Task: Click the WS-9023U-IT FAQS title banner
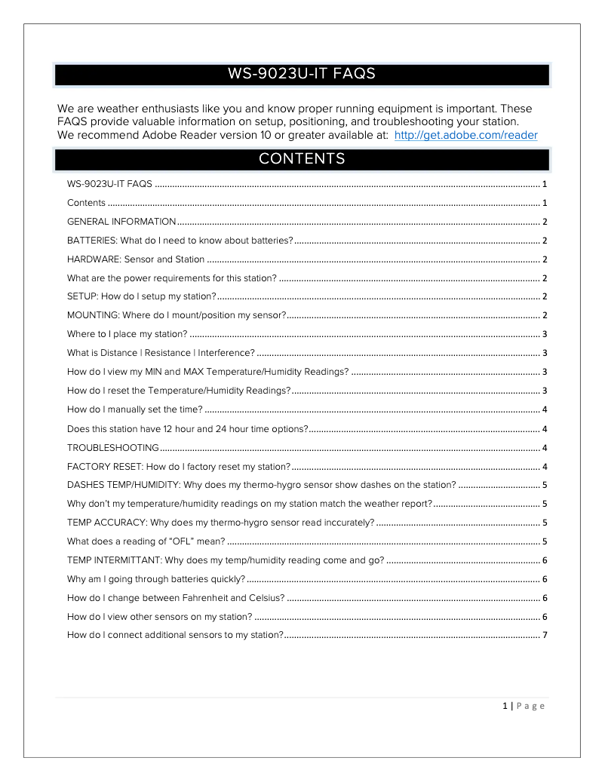pyautogui.click(x=302, y=75)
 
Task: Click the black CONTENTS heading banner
pyautogui.click(x=302, y=159)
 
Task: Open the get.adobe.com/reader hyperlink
pyautogui.click(x=465, y=136)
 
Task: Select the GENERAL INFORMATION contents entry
pyautogui.click(x=121, y=222)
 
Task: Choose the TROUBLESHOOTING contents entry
pyautogui.click(x=113, y=448)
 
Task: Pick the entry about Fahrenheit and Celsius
pyautogui.click(x=176, y=598)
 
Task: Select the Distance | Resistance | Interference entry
pyautogui.click(x=161, y=353)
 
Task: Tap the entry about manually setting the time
pyautogui.click(x=135, y=409)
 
